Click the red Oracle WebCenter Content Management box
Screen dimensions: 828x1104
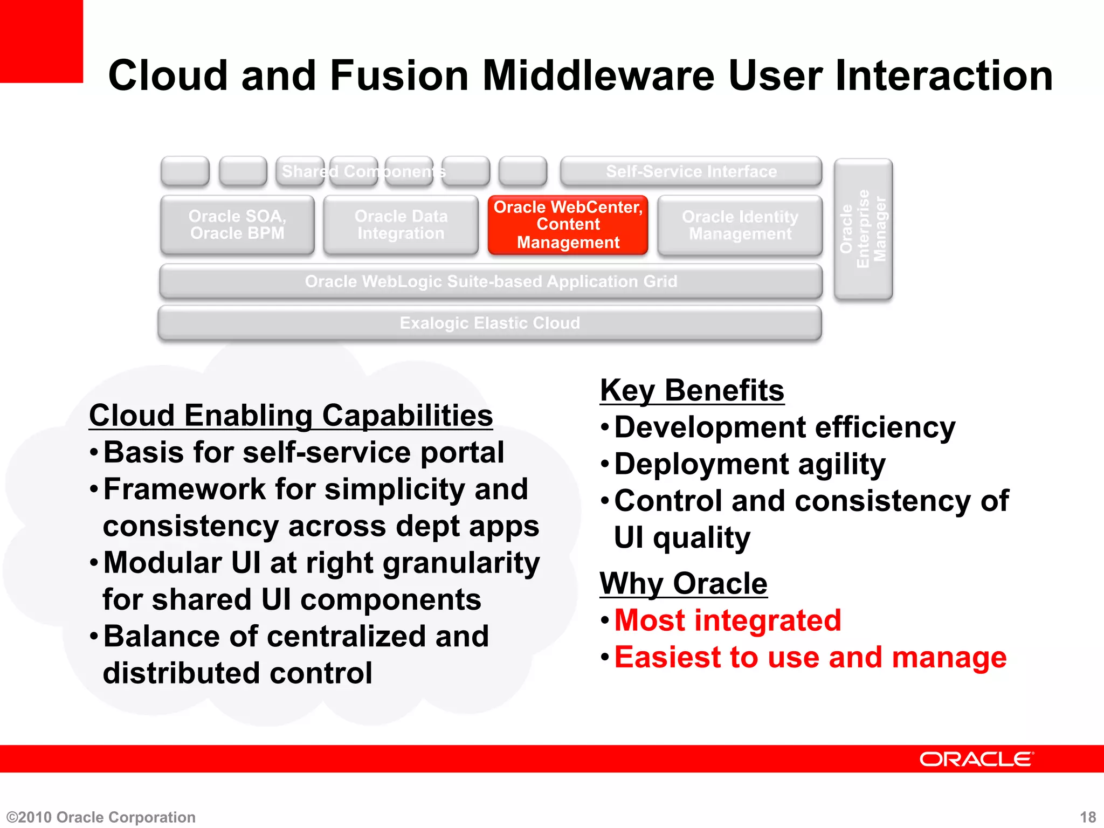(568, 225)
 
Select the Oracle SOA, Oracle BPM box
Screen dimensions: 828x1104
(237, 225)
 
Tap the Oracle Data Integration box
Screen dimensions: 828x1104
(401, 225)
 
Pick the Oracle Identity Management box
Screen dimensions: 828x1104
(740, 225)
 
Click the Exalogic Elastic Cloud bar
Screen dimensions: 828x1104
(489, 323)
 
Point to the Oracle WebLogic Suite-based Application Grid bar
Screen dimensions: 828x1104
(491, 281)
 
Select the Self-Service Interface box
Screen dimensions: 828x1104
(691, 171)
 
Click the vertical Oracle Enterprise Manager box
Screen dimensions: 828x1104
(863, 229)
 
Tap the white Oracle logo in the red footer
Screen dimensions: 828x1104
(976, 759)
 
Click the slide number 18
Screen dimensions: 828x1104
(1088, 817)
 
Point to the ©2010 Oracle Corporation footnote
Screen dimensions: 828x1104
(101, 817)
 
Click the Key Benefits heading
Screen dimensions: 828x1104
(692, 390)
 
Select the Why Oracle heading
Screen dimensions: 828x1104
(683, 583)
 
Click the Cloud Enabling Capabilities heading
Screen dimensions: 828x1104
(291, 416)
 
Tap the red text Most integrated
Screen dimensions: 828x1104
(727, 620)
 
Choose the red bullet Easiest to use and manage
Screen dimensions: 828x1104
(810, 657)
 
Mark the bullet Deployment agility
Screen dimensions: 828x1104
(749, 464)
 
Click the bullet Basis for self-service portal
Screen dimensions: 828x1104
(303, 452)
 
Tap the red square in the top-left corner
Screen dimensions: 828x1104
(41, 41)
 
